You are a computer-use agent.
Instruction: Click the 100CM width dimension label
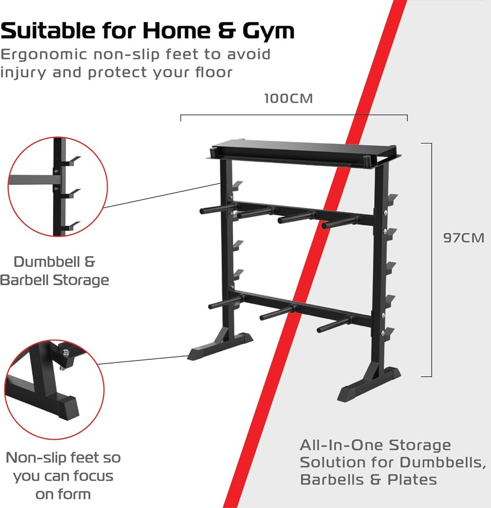coord(289,99)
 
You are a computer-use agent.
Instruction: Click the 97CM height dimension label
coord(464,238)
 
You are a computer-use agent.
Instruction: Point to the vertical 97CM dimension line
coord(431,259)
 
